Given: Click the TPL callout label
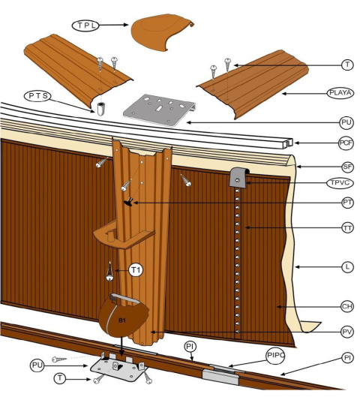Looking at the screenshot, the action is pyautogui.click(x=85, y=26).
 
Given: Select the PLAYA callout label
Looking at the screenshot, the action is pyautogui.click(x=340, y=93).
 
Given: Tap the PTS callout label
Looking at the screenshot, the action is pyautogui.click(x=37, y=96).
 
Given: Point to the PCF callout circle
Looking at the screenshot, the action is pyautogui.click(x=346, y=143).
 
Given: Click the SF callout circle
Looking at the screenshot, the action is pyautogui.click(x=347, y=167).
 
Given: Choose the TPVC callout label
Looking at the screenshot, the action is pyautogui.click(x=340, y=183).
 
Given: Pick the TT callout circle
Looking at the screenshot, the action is pyautogui.click(x=347, y=228).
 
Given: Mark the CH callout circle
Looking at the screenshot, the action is pyautogui.click(x=347, y=307).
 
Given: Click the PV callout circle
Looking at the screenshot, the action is pyautogui.click(x=347, y=332).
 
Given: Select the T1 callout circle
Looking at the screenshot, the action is pyautogui.click(x=136, y=270).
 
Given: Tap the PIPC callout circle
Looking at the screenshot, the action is pyautogui.click(x=275, y=355).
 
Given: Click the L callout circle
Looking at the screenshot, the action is pyautogui.click(x=347, y=266).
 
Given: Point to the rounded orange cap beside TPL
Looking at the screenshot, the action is pyautogui.click(x=162, y=32).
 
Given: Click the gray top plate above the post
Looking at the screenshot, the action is pyautogui.click(x=160, y=110).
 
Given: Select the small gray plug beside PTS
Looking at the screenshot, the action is pyautogui.click(x=100, y=109).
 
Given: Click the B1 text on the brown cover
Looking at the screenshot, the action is pyautogui.click(x=122, y=320).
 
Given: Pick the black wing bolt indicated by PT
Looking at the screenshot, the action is pyautogui.click(x=129, y=202).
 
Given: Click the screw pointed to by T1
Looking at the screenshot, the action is pyautogui.click(x=109, y=272).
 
